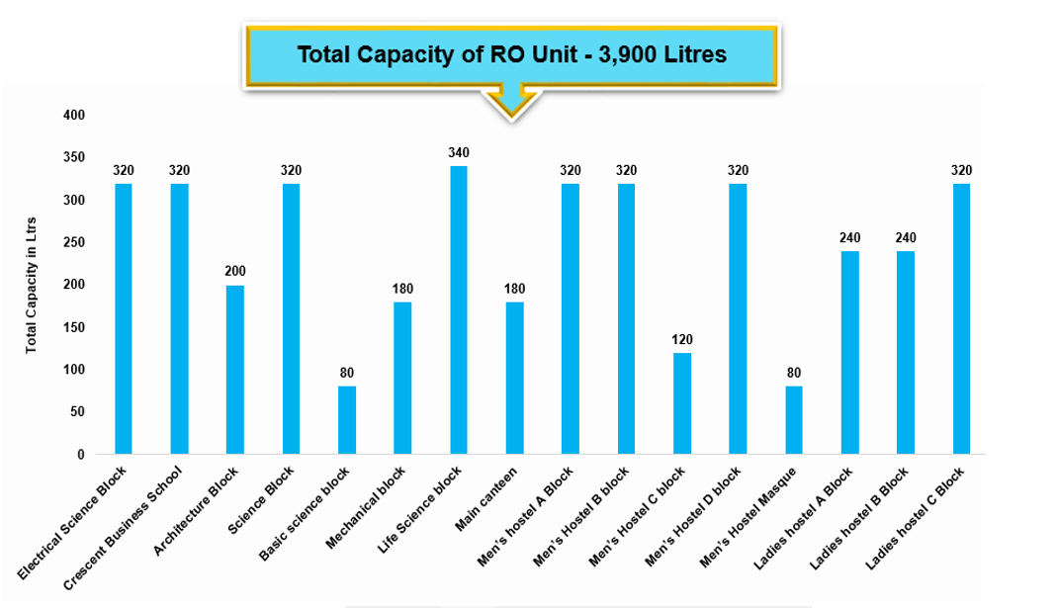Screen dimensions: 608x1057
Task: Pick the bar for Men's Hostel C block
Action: [x=682, y=402]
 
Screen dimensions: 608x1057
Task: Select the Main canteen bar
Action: [x=514, y=378]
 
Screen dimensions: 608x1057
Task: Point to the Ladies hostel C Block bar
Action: [x=962, y=318]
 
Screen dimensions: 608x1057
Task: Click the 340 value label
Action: [x=459, y=152]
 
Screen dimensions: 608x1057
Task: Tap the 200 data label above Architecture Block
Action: [x=235, y=271]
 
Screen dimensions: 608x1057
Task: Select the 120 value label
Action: [x=682, y=339]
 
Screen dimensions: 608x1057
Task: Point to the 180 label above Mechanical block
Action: [x=402, y=289]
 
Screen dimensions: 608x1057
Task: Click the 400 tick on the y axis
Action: [x=75, y=116]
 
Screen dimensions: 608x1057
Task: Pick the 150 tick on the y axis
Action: [x=75, y=327]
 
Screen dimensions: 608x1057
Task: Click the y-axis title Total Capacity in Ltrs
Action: [x=32, y=285]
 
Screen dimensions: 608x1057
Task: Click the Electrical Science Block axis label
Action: [x=75, y=524]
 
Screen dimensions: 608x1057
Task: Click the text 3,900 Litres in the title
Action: [x=664, y=54]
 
